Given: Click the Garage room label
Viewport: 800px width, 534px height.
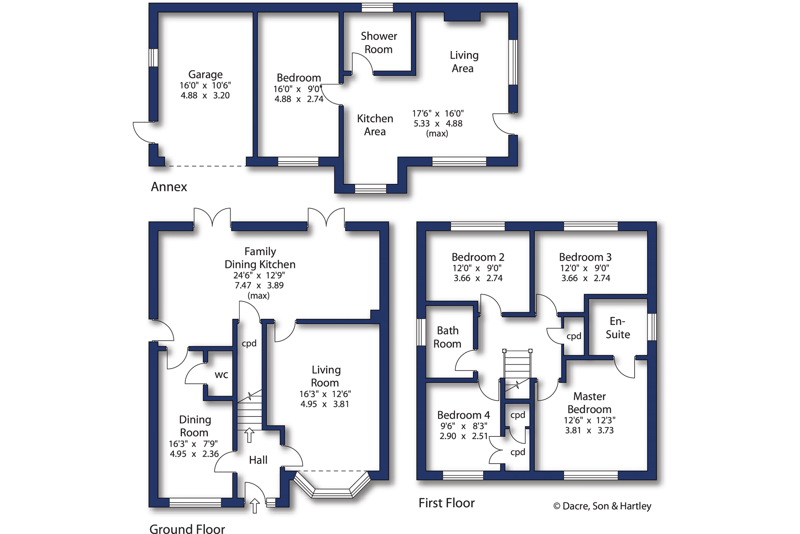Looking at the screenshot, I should pos(205,74).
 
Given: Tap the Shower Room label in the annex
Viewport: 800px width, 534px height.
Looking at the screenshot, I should pos(379,43).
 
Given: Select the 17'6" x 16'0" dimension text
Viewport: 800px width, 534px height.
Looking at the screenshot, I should pos(438,113).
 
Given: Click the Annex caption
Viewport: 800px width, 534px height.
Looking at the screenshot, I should pos(169,187).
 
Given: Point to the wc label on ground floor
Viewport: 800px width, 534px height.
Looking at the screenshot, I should pos(221,375).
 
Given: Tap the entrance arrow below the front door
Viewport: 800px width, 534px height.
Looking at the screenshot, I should pos(255,506).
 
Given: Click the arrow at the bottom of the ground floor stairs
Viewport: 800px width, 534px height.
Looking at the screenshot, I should pos(249,435).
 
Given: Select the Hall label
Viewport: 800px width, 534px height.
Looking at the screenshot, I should pos(258,460).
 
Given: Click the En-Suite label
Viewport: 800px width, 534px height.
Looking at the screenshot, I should pos(617,327).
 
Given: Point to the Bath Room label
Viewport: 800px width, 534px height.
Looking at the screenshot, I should pos(447,337).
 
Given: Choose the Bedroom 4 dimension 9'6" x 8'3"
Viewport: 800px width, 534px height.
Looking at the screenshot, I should pos(464,426).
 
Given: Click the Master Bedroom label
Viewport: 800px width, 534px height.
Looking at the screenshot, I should pos(589,402).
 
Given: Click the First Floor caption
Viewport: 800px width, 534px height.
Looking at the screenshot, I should pos(447,503).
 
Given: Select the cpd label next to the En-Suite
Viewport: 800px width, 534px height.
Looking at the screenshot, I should pos(574,336).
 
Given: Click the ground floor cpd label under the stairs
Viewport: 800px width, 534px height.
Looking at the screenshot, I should pos(249,343).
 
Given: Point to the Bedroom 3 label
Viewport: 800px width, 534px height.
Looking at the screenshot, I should pos(585,257).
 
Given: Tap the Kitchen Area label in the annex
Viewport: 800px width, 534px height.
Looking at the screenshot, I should pos(375,125).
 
